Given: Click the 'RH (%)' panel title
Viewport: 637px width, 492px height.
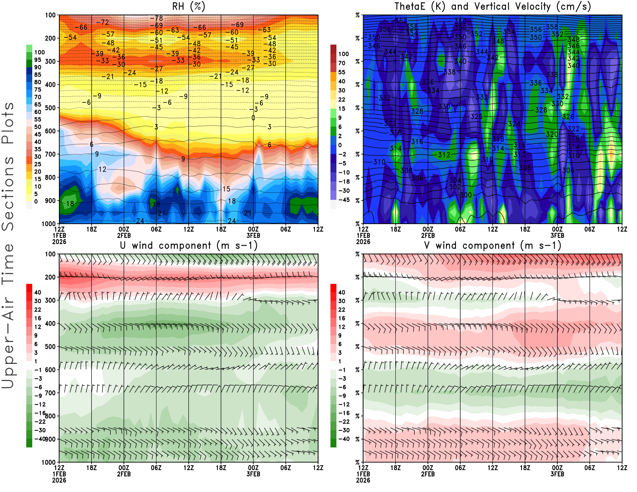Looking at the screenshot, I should (x=188, y=7).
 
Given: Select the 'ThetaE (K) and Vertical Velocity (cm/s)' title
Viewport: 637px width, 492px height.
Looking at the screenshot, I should (x=492, y=7).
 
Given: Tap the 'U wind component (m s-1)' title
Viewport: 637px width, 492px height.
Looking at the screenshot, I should (x=189, y=246).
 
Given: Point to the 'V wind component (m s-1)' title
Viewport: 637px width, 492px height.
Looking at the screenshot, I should (x=492, y=246).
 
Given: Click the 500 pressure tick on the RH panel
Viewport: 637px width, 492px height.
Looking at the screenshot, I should (x=50, y=108).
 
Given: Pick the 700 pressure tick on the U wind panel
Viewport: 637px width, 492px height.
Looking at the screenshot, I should (x=50, y=393).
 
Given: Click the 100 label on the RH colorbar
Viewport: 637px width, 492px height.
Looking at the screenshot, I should (x=39, y=53).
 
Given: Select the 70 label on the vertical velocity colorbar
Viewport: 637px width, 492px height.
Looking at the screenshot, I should (x=342, y=63).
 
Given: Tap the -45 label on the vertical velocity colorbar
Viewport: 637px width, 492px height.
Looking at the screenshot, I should (x=344, y=200).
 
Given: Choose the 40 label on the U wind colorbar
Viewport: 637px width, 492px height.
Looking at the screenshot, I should (x=38, y=293).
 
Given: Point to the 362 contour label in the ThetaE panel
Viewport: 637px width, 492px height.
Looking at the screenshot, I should (x=401, y=21).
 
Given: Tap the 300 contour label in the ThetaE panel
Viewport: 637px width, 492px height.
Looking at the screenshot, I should (x=466, y=195).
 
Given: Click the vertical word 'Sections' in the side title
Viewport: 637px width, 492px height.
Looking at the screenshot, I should (x=8, y=193).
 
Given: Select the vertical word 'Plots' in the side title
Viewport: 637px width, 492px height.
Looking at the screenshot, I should (x=8, y=123).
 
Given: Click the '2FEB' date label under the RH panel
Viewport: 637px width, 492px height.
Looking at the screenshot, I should (x=124, y=235).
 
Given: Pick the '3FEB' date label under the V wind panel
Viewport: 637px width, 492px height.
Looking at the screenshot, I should (x=557, y=474).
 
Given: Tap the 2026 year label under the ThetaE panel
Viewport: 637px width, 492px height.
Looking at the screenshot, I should (x=363, y=242).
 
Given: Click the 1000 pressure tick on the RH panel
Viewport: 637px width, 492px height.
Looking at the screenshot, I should (x=49, y=224).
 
